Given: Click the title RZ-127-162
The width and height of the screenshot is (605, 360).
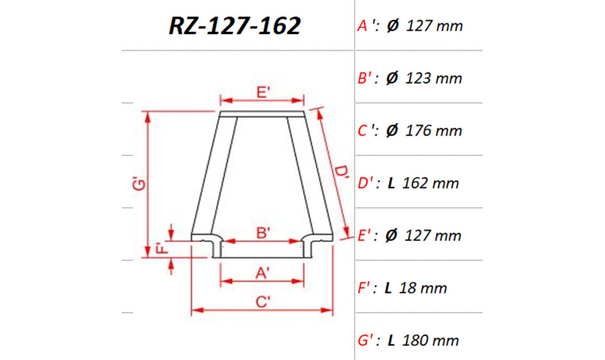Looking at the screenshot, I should click(235, 26).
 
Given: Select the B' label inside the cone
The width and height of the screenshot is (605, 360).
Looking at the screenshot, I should click(263, 233).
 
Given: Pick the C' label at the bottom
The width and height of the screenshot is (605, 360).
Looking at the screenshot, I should click(262, 302).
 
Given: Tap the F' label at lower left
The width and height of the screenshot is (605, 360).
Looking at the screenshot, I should click(162, 249).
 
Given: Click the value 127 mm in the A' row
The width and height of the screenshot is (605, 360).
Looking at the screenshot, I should click(434, 26).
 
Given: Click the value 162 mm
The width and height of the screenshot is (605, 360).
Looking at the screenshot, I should click(431, 183).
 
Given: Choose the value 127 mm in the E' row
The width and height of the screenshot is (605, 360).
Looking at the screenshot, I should click(434, 236).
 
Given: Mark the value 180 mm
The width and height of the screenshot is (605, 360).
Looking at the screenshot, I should click(431, 340).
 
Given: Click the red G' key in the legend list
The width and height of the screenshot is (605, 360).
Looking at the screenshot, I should click(367, 340).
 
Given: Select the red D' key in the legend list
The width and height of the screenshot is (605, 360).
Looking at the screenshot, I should click(367, 183).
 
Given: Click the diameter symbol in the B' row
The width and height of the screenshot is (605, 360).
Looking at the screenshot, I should click(392, 78).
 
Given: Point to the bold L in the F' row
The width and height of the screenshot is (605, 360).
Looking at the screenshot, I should click(389, 288).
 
